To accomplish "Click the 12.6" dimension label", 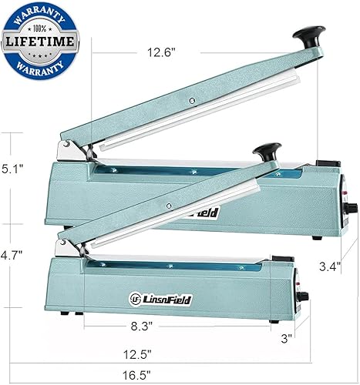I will pyautogui.click(x=163, y=52).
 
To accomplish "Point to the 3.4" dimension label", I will pyautogui.click(x=329, y=266).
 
